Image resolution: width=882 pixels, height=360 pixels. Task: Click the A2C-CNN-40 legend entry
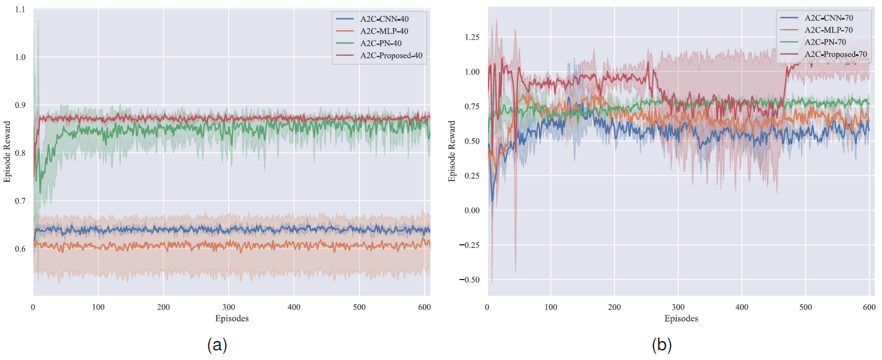coord(384,19)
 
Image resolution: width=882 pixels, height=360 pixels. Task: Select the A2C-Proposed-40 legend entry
coord(391,55)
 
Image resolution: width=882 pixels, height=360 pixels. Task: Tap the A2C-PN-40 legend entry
coord(381,43)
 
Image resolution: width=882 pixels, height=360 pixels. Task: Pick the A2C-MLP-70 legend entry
coord(828,30)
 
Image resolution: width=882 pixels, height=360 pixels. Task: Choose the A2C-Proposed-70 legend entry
coord(835,54)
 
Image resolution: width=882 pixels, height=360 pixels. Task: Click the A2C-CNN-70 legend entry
coord(828,18)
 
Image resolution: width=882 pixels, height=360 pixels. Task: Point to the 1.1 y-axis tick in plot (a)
coord(20,10)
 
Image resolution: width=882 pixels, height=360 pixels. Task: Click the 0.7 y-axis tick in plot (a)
coord(20,201)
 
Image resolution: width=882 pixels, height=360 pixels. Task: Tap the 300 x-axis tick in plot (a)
coord(229,307)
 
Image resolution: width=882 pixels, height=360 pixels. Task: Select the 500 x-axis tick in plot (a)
coord(359,307)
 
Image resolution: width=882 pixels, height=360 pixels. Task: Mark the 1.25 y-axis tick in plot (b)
coord(472,37)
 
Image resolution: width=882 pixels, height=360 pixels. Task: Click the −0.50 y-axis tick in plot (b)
coord(470,280)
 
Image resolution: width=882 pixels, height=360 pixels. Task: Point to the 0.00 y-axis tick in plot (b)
coord(472,210)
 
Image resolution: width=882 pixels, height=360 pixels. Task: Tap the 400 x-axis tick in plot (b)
coord(742,307)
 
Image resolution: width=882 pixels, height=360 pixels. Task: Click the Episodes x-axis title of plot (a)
coord(232,319)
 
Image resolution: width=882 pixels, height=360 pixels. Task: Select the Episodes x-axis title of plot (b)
coord(681,319)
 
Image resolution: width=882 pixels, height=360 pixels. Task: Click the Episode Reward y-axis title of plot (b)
coord(452,151)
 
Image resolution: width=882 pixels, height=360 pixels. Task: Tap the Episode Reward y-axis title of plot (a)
coord(7,151)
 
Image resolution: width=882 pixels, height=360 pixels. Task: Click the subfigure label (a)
coord(217,344)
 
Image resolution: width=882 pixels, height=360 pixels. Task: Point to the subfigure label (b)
coord(662,344)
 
